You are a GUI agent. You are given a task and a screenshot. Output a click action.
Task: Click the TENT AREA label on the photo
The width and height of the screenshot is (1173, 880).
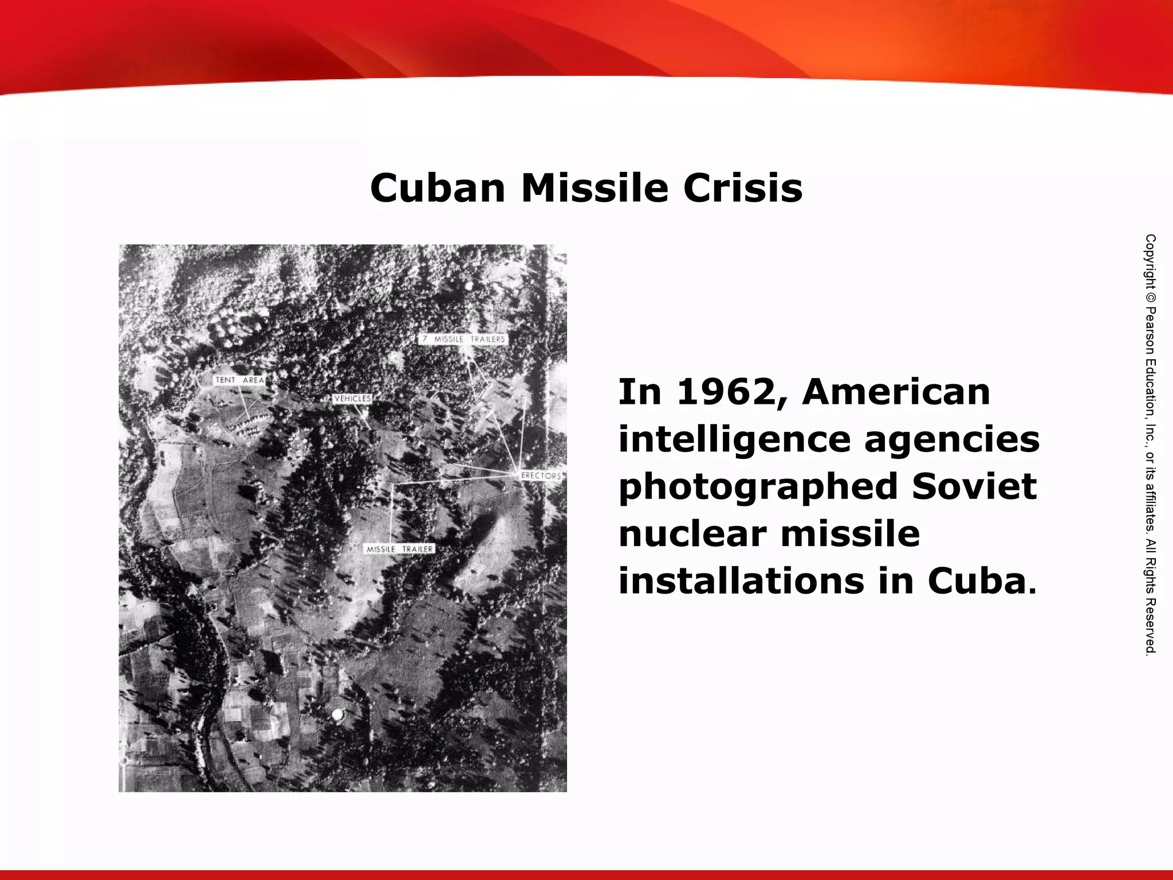(x=239, y=380)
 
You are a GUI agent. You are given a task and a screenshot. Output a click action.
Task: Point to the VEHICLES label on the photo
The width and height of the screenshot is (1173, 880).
(x=353, y=399)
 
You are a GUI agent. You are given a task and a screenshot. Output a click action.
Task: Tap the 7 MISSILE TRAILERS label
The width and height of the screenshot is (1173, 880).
(x=463, y=339)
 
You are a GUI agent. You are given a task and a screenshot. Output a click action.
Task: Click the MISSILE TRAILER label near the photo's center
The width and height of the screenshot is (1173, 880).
(x=400, y=549)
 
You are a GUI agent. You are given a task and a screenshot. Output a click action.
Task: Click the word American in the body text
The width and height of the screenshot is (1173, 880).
(x=896, y=393)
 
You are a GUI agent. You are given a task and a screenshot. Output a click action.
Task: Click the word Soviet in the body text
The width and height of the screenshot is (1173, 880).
(x=974, y=487)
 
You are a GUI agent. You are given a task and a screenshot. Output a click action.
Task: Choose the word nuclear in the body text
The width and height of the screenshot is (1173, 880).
(x=691, y=534)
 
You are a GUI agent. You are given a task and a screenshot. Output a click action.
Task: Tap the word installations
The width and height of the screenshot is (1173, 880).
(x=741, y=581)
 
